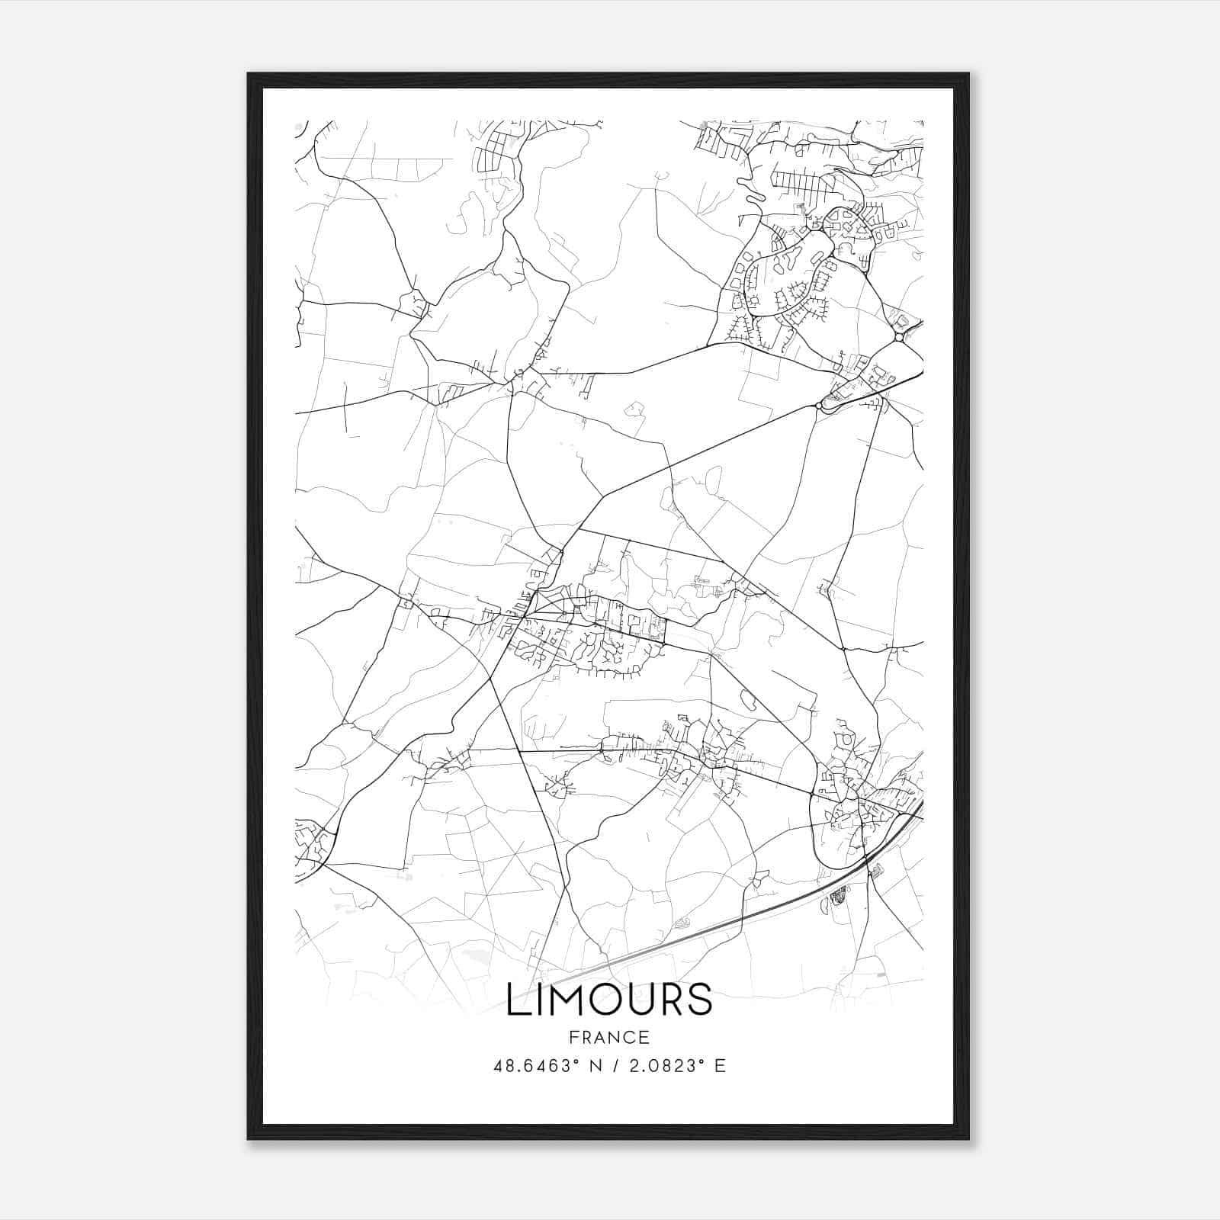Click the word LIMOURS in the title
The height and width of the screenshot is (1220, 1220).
click(x=609, y=1000)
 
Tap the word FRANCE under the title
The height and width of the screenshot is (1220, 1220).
click(x=608, y=1037)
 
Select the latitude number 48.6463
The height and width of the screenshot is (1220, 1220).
click(x=532, y=1066)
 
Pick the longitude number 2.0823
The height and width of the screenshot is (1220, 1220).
click(x=661, y=1066)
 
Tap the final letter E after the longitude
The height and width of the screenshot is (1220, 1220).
click(x=720, y=1066)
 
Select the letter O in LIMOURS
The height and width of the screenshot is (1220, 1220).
click(x=603, y=1000)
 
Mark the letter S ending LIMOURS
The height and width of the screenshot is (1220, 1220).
click(x=699, y=1000)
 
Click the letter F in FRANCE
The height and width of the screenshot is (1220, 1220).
click(x=572, y=1037)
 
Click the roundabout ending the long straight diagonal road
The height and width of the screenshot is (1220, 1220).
click(x=818, y=406)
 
